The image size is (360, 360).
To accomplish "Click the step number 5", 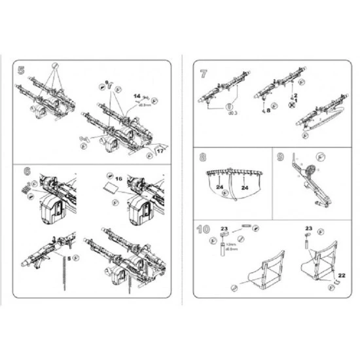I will click(x=22, y=69).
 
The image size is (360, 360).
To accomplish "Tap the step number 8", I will click(x=203, y=158).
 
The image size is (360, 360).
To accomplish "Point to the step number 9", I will click(x=281, y=158).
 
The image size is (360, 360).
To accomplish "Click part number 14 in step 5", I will click(x=137, y=96).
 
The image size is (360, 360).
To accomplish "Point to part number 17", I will click(x=159, y=151).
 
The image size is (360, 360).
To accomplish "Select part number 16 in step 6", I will click(x=118, y=178).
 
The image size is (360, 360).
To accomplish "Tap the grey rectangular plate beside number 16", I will click(x=111, y=189).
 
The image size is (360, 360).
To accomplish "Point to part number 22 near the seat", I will click(x=341, y=275).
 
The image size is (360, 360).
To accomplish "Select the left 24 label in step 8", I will click(x=220, y=187).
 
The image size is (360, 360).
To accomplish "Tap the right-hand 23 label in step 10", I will click(x=308, y=228).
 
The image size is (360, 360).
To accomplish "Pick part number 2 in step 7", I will click(x=295, y=96).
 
